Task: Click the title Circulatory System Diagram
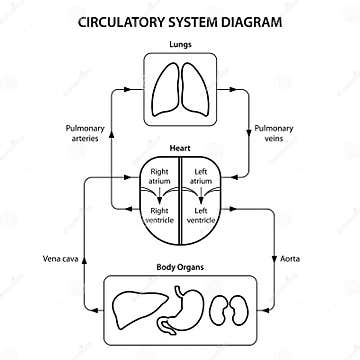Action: point(179,20)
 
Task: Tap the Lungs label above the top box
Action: point(181,45)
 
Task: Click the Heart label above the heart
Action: point(180,146)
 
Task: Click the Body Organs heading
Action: point(181,267)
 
